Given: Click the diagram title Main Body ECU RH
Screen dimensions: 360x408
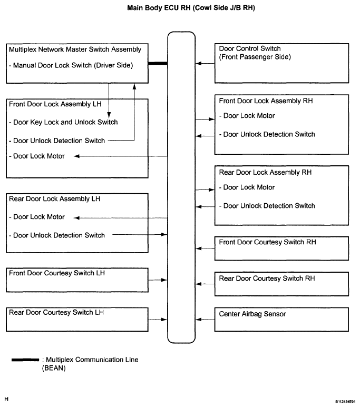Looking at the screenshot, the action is pos(191,8).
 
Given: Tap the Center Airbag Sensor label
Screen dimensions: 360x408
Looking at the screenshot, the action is pos(252,314).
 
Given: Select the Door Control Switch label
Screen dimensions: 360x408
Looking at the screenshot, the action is pos(250,48).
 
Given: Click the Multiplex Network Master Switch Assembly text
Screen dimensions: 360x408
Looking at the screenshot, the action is pos(75,49).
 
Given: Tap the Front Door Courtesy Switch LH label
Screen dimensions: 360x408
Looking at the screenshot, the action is pos(57,273).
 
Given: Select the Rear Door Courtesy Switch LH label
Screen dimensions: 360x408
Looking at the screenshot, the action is pos(56,312).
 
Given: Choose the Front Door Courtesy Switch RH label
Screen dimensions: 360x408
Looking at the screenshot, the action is pos(267,242).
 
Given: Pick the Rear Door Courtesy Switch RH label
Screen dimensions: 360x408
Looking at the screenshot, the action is pos(267,278).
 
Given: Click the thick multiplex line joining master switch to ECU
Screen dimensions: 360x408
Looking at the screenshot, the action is pos(158,63).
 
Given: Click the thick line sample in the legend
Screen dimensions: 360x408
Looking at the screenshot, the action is pos(25,360).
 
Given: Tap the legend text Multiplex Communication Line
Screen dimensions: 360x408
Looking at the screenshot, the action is pos(92,360).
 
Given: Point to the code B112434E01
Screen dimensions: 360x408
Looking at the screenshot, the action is pos(345,402).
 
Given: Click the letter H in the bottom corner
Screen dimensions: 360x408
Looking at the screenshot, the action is pos(6,399).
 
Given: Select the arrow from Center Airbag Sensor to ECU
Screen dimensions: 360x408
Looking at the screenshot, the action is pos(205,320).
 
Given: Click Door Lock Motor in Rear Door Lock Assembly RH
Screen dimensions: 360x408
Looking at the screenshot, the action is pos(249,187).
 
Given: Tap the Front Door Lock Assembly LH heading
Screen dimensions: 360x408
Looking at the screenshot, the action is pos(55,104).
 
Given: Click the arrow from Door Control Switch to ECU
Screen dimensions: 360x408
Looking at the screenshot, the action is pos(205,63).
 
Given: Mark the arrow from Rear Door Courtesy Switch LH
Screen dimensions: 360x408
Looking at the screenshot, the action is pos(158,320).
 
